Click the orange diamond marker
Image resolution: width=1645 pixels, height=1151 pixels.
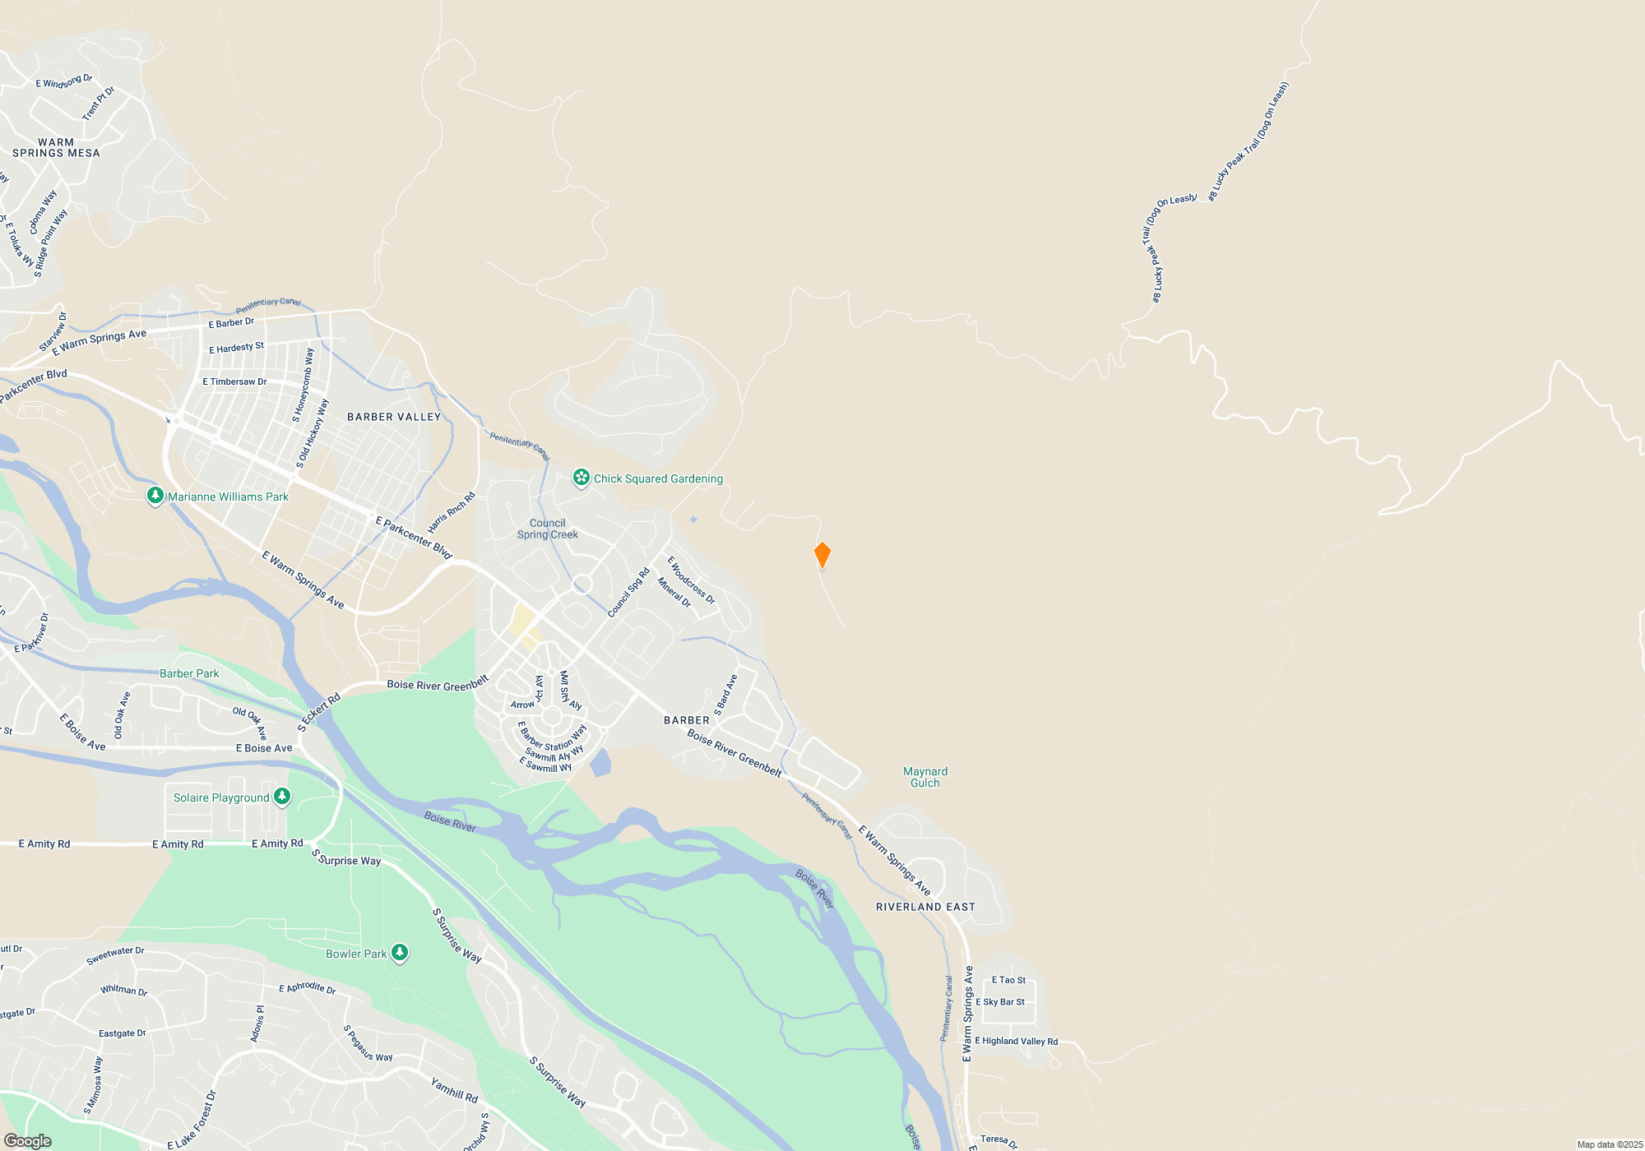coord(822,555)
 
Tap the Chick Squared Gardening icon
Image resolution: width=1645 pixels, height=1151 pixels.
coord(582,478)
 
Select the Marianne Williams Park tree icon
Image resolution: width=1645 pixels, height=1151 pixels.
coord(155,496)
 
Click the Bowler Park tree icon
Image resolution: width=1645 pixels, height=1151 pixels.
coord(400,953)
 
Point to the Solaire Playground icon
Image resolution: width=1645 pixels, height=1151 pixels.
coord(282,797)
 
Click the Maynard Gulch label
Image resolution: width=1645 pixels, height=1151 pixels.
coord(925,777)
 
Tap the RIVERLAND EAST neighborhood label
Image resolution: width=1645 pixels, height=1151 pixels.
coord(925,907)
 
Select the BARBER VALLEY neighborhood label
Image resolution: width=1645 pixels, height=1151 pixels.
coord(394,417)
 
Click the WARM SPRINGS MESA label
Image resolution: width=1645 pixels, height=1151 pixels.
coord(56,148)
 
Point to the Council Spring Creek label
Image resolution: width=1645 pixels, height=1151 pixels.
coord(548,529)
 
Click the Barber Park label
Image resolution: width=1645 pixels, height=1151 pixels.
coord(189,673)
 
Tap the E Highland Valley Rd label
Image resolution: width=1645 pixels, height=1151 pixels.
coord(1017,1041)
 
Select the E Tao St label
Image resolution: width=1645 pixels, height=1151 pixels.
coord(1008,980)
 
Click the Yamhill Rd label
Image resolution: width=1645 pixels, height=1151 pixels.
coord(454,1091)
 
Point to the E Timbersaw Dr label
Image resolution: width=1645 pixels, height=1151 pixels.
coord(234,381)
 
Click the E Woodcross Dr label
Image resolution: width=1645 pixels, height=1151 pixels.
coord(691,580)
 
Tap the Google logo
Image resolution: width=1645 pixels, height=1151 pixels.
coord(28,1140)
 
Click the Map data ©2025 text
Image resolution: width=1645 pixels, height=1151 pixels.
coord(1610,1144)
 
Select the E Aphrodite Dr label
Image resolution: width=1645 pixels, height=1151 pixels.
coord(307,987)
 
